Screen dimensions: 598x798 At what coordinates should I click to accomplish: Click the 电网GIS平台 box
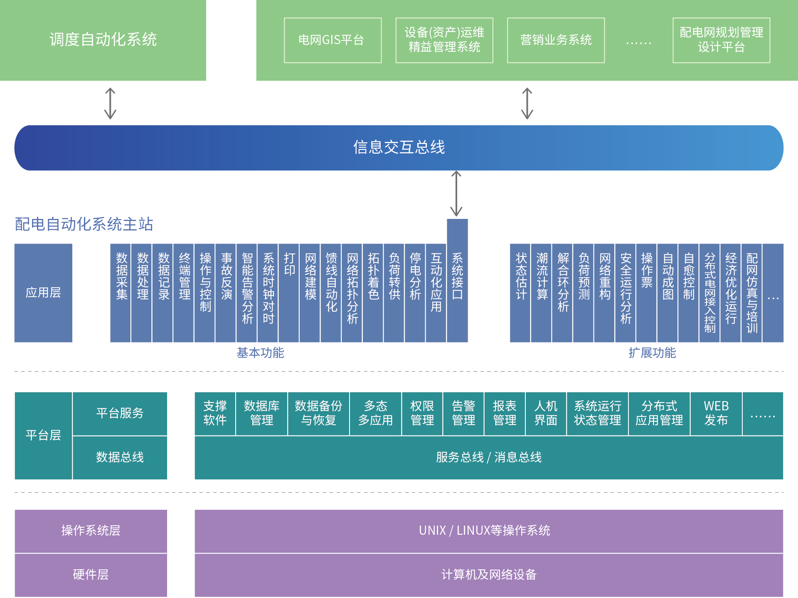point(332,40)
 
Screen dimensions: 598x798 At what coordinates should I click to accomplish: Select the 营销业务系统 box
point(556,40)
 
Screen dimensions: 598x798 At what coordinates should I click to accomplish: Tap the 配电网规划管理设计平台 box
point(721,40)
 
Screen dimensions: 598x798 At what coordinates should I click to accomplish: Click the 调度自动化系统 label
point(103,40)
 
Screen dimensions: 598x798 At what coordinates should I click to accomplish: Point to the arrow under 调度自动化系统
point(110,103)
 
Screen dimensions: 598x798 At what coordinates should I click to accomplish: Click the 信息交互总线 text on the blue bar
point(399,147)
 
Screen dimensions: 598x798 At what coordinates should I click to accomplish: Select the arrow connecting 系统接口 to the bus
point(456,194)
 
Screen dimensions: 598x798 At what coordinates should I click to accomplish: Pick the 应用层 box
point(43,293)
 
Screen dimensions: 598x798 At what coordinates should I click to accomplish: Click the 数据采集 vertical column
point(121,293)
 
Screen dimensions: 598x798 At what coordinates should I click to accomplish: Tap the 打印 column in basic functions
point(289,293)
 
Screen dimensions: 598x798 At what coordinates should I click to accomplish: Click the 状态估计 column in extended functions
point(520,293)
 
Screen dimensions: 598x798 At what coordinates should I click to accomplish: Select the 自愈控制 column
point(688,293)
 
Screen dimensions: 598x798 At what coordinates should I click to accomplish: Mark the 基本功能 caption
point(260,353)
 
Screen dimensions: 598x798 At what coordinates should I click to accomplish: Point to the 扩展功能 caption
point(652,353)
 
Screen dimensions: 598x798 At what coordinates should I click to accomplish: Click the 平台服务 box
point(120,413)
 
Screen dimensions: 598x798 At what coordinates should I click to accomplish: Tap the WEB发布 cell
point(716,413)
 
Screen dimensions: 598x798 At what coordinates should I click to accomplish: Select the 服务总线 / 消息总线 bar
point(489,457)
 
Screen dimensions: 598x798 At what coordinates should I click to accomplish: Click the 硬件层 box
point(91,575)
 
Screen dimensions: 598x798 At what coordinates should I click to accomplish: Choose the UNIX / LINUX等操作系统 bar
point(489,531)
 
